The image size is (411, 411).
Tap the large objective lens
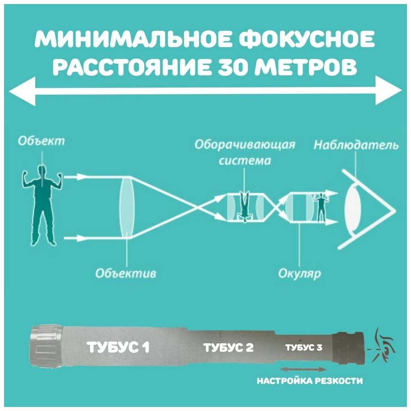pos(127,208)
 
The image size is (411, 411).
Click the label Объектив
pos(126,273)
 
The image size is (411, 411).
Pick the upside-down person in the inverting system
pos(244,207)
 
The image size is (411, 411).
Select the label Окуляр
pos(299,274)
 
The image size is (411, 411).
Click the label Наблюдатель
pos(356,145)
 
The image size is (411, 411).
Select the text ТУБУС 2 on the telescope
pos(228,347)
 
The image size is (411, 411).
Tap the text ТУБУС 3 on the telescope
pos(303,347)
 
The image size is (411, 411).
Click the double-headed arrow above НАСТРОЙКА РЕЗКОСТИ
pos(302,369)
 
